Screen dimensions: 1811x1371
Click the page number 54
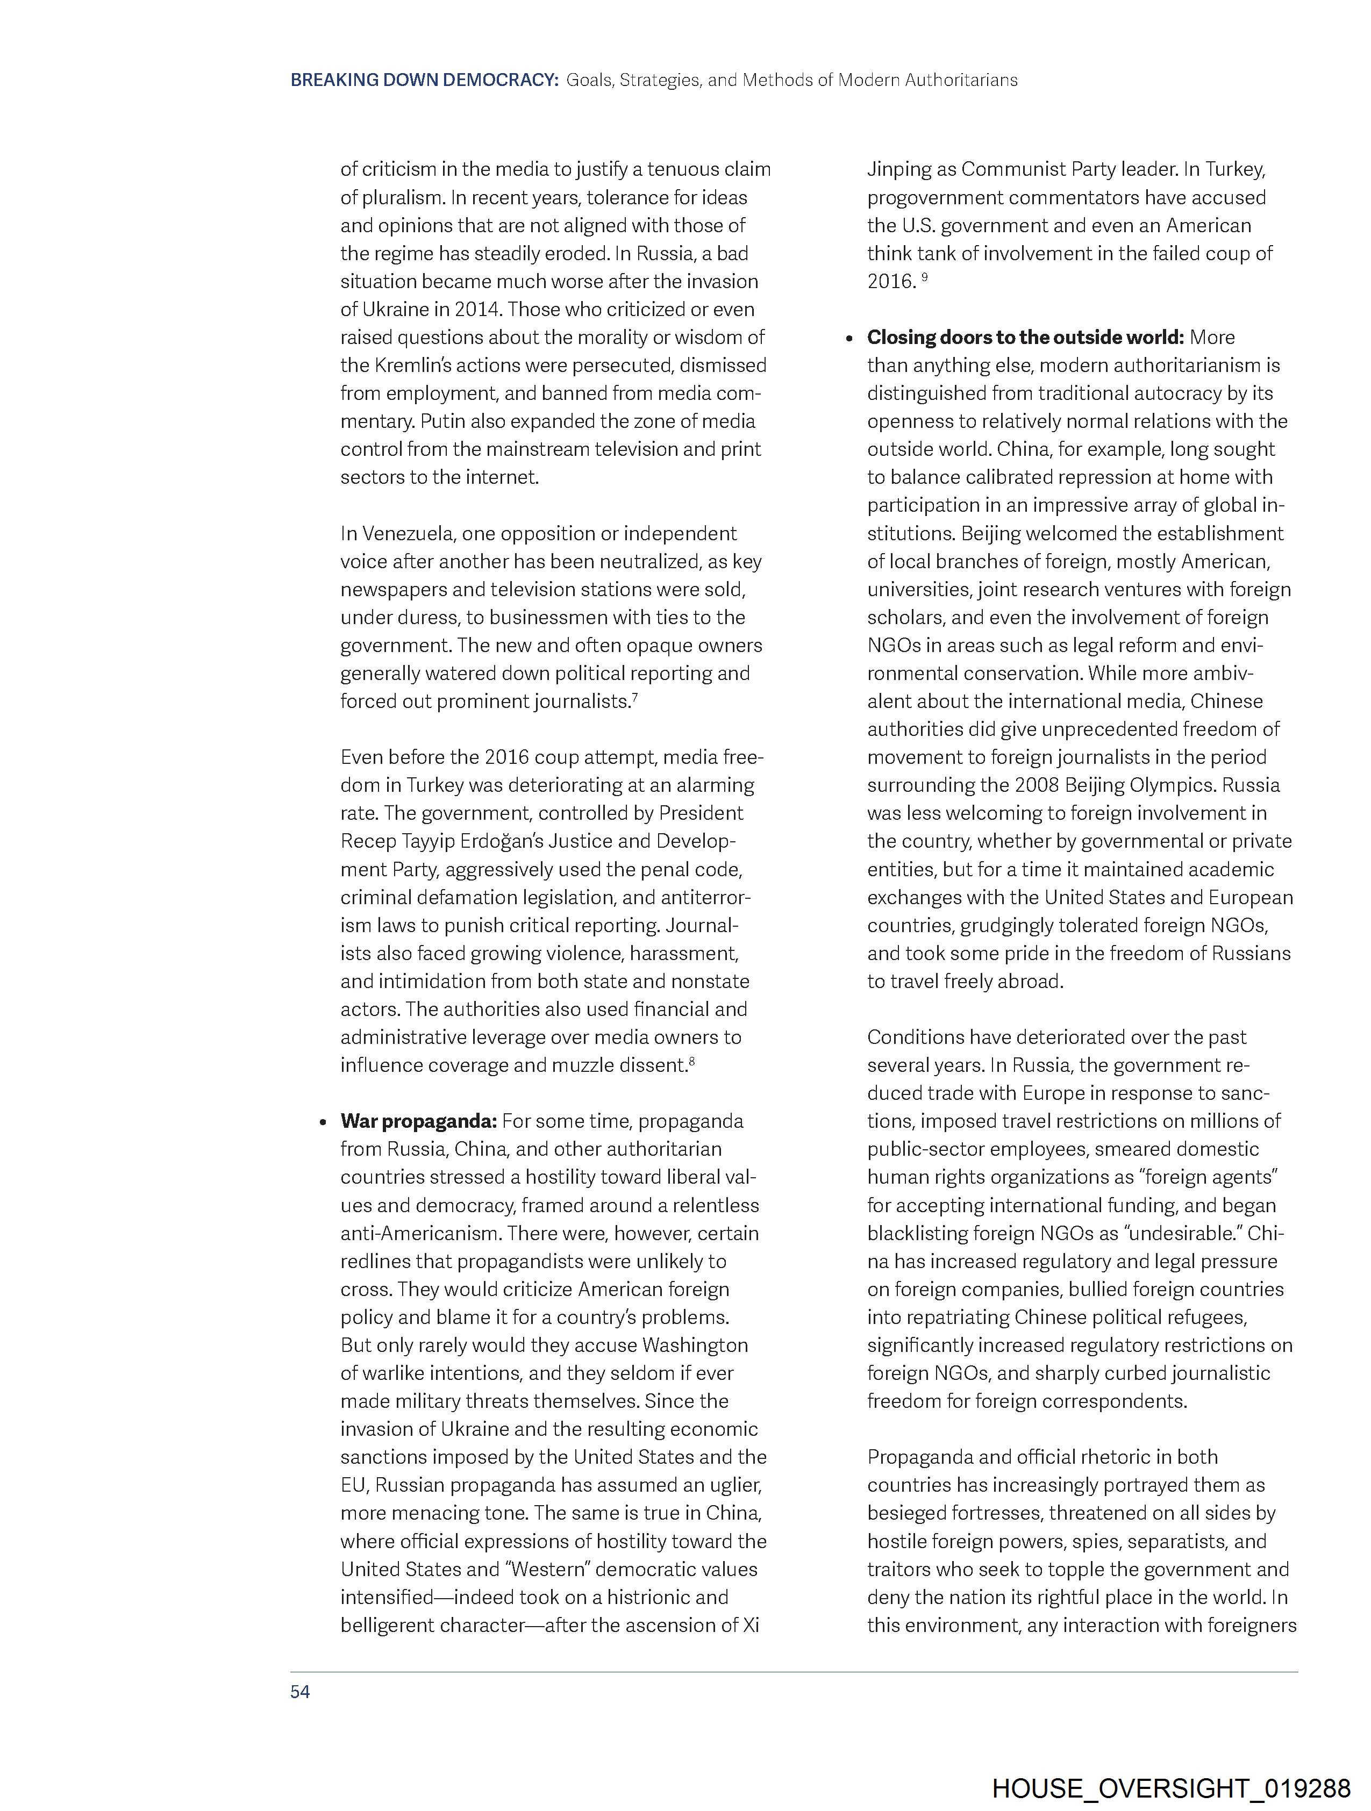click(x=300, y=1692)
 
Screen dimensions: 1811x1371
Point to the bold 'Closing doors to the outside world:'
click(x=1025, y=337)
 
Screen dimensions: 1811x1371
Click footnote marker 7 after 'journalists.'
click(x=635, y=697)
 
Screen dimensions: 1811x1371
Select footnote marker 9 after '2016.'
click(x=925, y=277)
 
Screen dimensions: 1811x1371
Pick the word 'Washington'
click(x=695, y=1345)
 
